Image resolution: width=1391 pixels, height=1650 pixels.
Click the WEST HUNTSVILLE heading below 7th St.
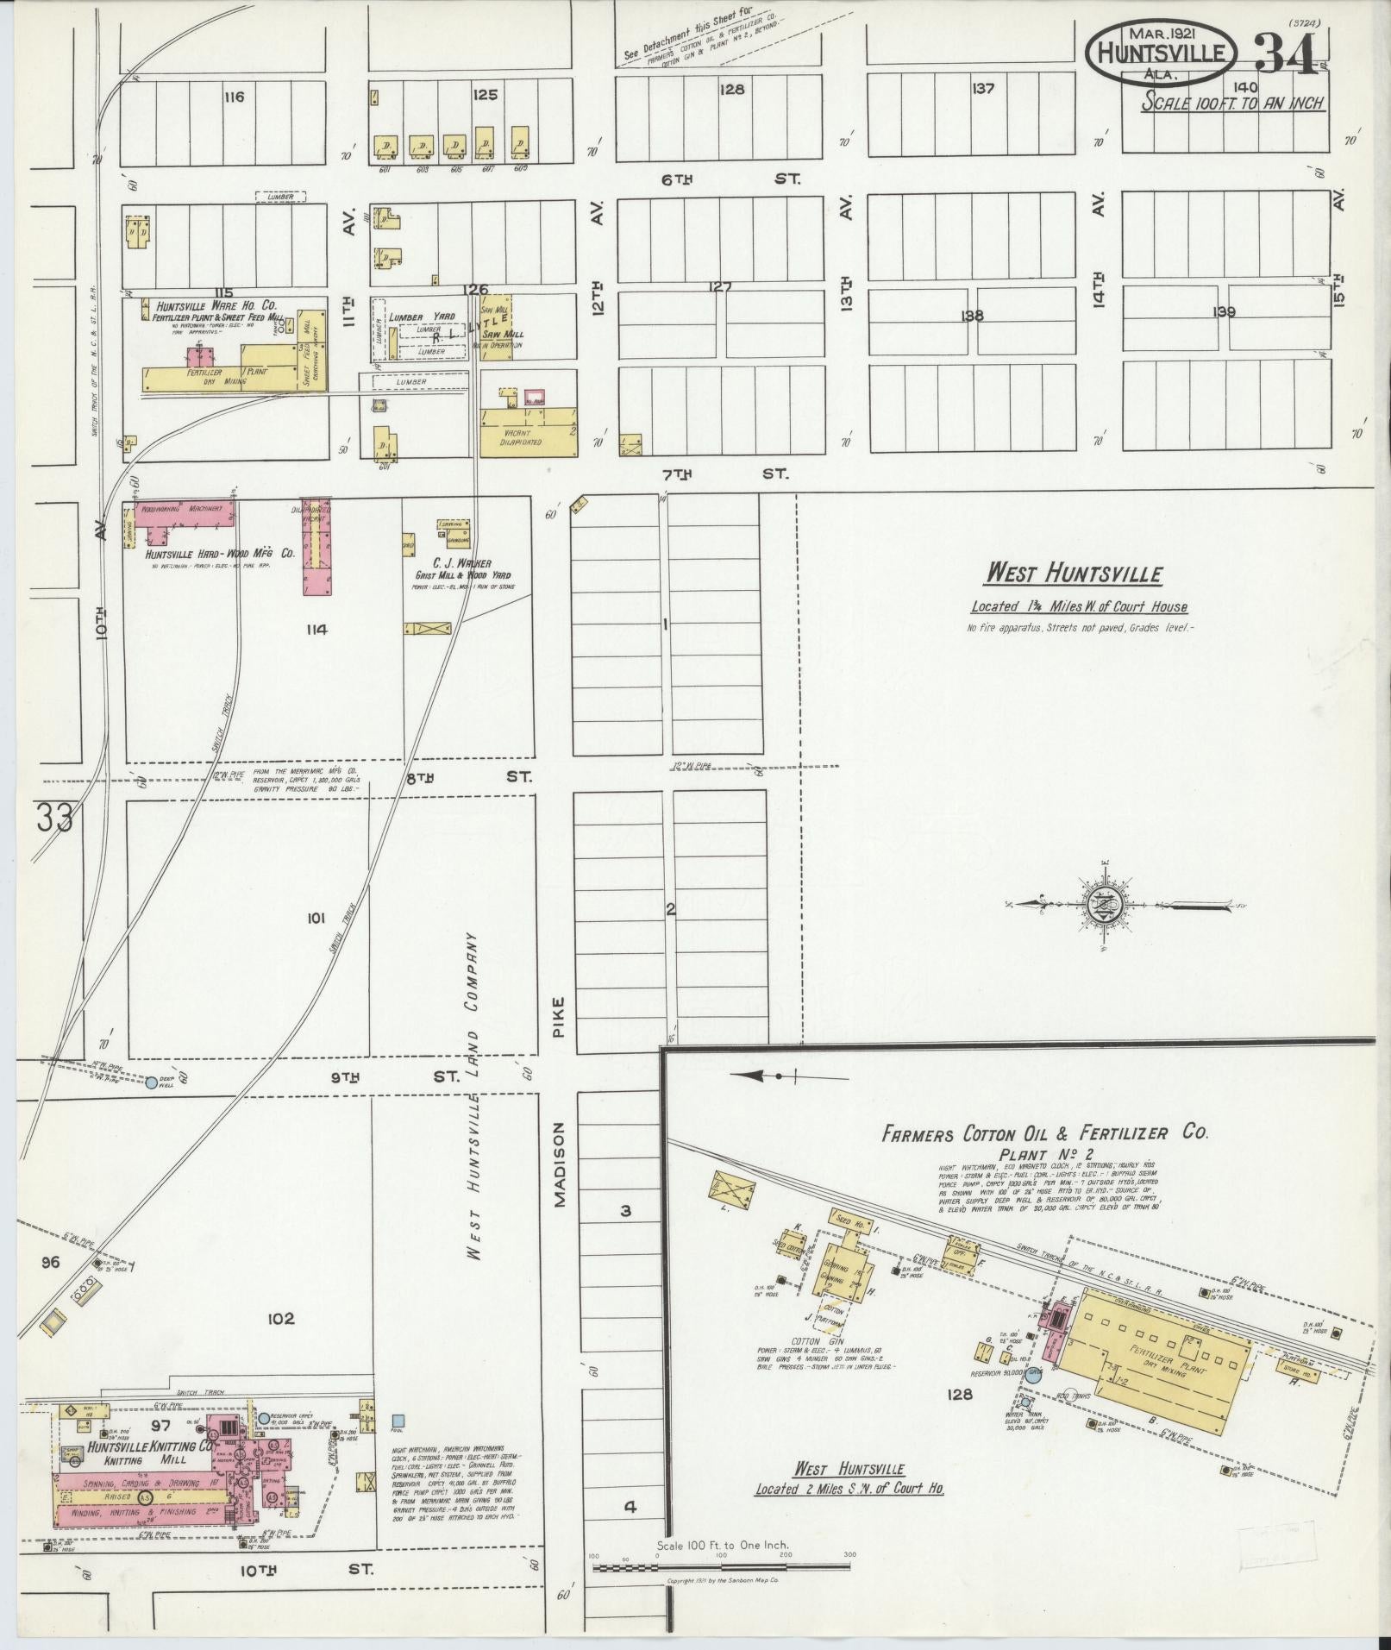point(1075,574)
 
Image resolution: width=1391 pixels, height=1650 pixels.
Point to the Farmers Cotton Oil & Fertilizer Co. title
point(1044,1133)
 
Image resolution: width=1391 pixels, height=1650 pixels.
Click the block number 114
point(316,630)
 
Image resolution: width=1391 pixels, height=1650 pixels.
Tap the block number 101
point(316,919)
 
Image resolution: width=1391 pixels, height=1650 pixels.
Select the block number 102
point(280,1343)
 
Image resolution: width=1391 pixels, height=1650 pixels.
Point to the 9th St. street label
point(397,1076)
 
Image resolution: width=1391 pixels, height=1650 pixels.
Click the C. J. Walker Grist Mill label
point(461,568)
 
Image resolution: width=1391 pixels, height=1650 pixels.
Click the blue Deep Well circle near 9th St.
point(152,1082)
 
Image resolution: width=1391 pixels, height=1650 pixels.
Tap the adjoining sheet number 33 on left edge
point(53,817)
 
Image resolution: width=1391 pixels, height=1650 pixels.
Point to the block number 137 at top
point(982,88)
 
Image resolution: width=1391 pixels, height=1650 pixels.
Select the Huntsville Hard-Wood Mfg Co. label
point(220,553)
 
